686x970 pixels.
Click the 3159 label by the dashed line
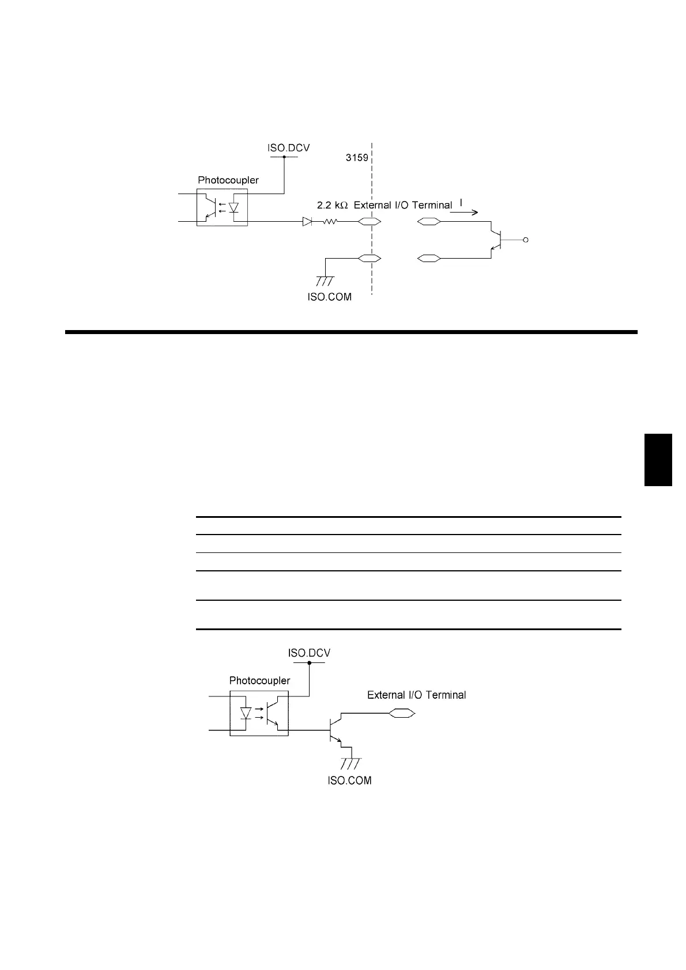click(357, 157)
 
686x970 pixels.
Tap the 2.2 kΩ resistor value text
click(332, 205)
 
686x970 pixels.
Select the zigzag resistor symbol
click(330, 221)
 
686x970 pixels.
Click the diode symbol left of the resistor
click(307, 221)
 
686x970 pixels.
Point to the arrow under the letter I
click(463, 212)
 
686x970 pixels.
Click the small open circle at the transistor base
click(525, 240)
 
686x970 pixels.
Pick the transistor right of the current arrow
click(496, 240)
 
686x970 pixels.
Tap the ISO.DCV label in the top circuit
click(288, 147)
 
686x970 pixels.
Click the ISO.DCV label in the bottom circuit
click(309, 653)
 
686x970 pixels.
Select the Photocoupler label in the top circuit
click(228, 180)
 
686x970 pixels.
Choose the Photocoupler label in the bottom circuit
click(259, 680)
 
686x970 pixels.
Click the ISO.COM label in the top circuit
click(330, 297)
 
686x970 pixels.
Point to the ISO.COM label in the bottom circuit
click(350, 780)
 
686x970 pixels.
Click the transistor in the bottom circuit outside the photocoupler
click(334, 730)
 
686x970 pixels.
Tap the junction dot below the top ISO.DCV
click(284, 156)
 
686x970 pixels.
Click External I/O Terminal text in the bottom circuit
click(416, 695)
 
